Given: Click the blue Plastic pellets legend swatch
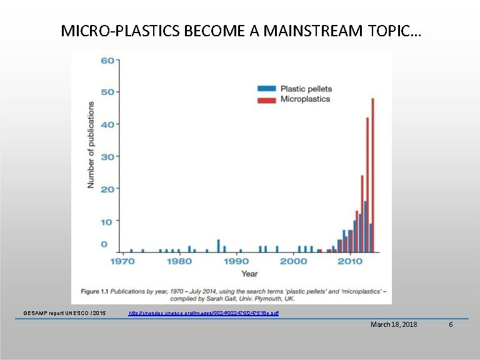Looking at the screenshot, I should (x=267, y=89).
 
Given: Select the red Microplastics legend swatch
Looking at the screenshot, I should (x=267, y=99).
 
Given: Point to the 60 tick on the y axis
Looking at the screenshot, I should (x=107, y=61).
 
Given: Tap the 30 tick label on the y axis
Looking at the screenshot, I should (x=107, y=156).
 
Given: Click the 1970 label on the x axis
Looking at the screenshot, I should (x=123, y=261).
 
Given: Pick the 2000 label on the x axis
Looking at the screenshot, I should (x=293, y=261).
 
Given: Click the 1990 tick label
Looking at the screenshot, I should (x=236, y=261).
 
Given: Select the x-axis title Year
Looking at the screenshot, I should (x=249, y=274).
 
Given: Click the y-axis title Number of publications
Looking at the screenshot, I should (x=91, y=144).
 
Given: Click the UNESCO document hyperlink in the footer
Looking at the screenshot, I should (x=203, y=312).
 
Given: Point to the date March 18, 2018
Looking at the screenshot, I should (x=394, y=324).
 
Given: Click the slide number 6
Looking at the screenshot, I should (x=451, y=324).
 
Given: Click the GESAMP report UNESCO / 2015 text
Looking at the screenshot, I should (x=64, y=312).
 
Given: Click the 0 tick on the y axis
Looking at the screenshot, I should (x=104, y=244).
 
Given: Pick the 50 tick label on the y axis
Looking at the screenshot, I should (x=107, y=92).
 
